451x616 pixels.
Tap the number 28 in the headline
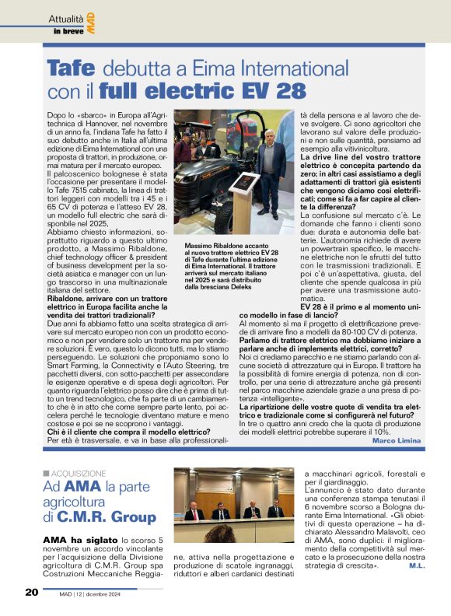pyautogui.click(x=290, y=90)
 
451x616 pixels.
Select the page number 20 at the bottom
pyautogui.click(x=31, y=592)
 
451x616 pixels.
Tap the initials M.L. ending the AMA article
pyautogui.click(x=416, y=565)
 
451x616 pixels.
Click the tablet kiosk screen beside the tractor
pyautogui.click(x=241, y=180)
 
